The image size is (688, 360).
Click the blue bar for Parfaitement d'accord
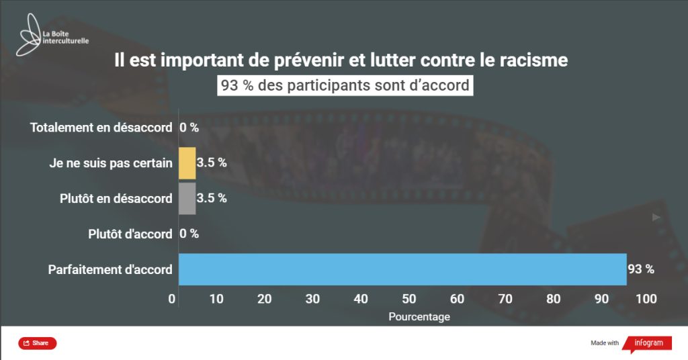click(x=402, y=269)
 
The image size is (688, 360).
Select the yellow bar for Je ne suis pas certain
click(x=187, y=163)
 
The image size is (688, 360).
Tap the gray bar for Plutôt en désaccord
click(x=187, y=198)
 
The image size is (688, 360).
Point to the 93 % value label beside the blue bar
click(x=640, y=269)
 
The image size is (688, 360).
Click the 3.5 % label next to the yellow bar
click(x=212, y=163)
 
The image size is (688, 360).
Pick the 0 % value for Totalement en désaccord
click(x=189, y=128)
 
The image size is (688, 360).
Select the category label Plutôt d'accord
click(x=130, y=234)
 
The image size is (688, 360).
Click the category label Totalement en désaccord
click(x=101, y=128)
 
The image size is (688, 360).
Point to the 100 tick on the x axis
click(x=646, y=298)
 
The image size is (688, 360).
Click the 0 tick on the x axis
click(x=172, y=298)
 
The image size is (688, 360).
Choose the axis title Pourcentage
click(x=419, y=316)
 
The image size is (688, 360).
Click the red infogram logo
click(x=648, y=343)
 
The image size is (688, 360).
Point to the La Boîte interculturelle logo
click(x=54, y=36)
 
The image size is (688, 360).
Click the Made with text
click(x=605, y=343)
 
